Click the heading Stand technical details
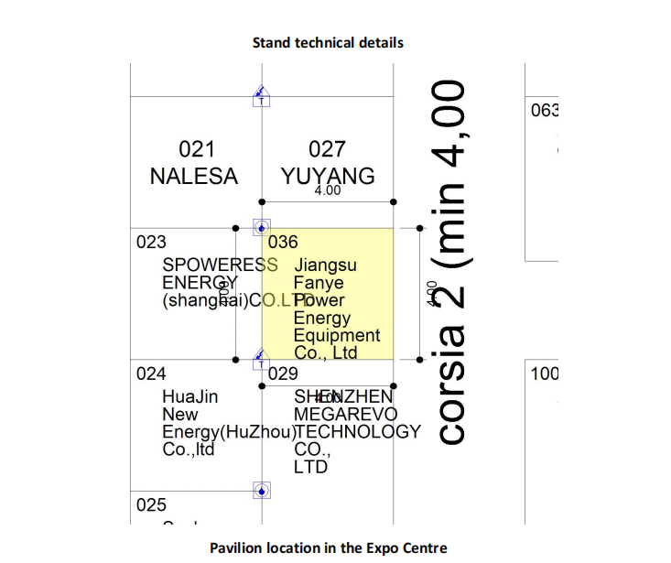[328, 42]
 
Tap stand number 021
[197, 149]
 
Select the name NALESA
[193, 176]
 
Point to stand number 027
[327, 149]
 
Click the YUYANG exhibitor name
[329, 176]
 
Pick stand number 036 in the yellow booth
[283, 243]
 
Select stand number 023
[151, 243]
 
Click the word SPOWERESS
[220, 265]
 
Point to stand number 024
[151, 374]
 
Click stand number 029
[283, 374]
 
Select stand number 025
[151, 504]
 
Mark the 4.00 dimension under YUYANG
[327, 191]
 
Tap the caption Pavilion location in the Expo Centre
[329, 547]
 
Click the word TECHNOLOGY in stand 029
[357, 432]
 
